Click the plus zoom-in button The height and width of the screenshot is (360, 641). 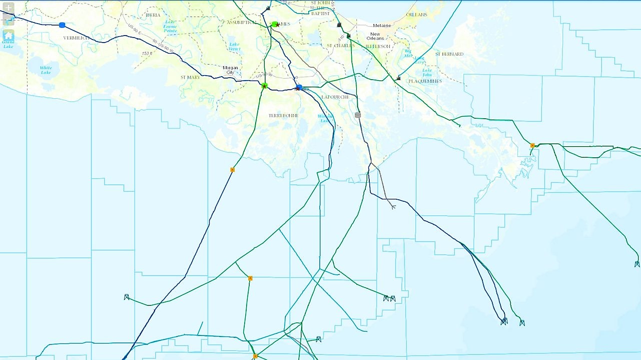(9, 8)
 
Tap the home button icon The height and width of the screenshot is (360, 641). (9, 35)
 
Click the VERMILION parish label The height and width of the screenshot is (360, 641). (76, 38)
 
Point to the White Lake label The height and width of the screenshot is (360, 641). (46, 70)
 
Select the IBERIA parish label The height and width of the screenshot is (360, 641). (153, 15)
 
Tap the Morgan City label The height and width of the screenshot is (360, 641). (231, 70)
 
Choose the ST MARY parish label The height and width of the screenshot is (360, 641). (190, 78)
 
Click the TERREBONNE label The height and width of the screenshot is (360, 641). (283, 116)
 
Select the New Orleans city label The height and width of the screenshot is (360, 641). (375, 36)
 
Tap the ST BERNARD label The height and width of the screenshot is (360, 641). (449, 54)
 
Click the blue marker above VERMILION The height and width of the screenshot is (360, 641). (62, 25)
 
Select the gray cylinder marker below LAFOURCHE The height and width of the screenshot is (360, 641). (357, 115)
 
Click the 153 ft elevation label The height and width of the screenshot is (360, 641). (147, 54)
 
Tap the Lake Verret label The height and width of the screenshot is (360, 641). (234, 47)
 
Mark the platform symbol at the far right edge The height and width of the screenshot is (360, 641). (637, 264)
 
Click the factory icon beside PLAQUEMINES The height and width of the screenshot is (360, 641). (398, 78)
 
